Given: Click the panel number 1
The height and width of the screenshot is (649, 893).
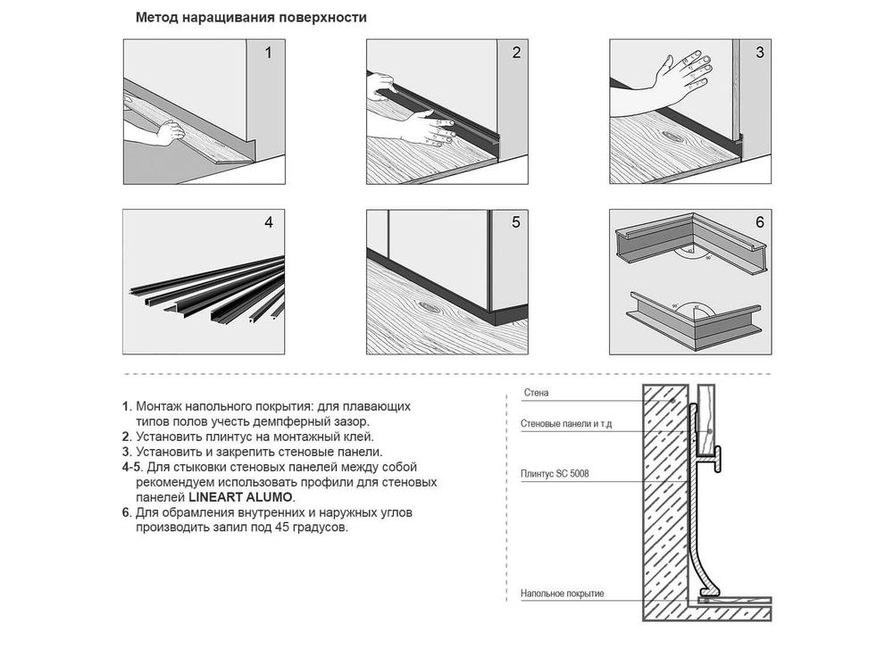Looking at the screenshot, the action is (268, 53).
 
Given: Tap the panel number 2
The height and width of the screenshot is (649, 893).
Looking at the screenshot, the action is (516, 53).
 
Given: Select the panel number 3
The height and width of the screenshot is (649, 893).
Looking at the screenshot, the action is (760, 53).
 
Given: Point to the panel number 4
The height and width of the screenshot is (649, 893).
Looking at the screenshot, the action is (269, 222).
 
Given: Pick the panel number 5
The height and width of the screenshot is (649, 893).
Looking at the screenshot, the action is (516, 222).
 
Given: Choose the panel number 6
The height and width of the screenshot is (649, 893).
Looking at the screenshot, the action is (760, 222).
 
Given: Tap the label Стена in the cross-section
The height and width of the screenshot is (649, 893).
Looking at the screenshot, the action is (536, 393).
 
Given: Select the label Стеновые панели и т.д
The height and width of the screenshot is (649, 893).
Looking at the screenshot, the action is (566, 424).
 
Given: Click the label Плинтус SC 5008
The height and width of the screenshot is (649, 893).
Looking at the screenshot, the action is (555, 474).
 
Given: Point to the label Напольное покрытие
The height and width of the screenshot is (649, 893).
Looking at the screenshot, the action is (562, 594).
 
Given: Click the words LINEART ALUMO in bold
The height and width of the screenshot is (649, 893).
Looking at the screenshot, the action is (240, 497).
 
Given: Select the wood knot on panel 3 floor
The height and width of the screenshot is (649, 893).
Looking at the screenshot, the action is (673, 137).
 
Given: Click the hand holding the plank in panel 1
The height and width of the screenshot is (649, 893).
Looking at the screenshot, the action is (171, 133).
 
